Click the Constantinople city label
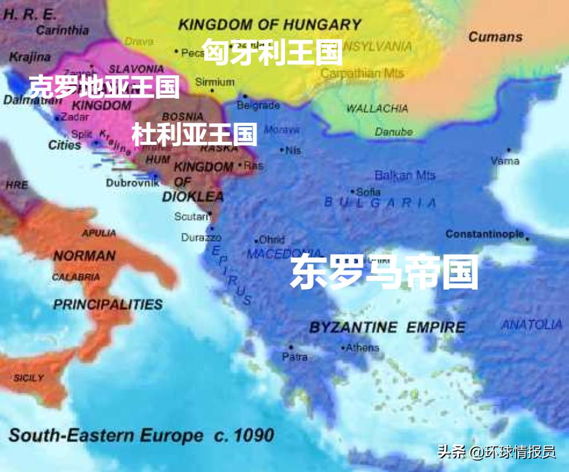[484, 234]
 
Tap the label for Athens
[362, 347]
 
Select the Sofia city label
[368, 192]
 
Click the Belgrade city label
[258, 105]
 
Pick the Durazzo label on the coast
[201, 238]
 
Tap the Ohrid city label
[272, 240]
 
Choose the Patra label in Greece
[295, 357]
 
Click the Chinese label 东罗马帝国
[384, 273]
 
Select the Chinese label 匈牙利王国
[272, 52]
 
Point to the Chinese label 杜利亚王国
[194, 134]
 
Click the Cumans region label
[495, 37]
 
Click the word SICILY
[28, 378]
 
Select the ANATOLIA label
[531, 325]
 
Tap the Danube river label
[393, 132]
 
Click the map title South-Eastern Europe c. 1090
[141, 435]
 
